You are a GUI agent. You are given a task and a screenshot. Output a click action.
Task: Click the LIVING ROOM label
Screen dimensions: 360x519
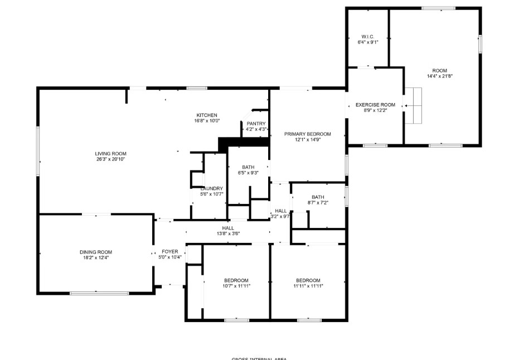click(x=110, y=154)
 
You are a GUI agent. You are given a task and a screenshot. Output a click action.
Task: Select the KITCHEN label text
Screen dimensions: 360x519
click(x=206, y=115)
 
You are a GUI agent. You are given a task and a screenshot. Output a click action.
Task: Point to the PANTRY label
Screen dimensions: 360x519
click(x=256, y=124)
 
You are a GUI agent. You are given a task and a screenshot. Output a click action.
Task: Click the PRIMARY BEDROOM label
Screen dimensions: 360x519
click(x=307, y=134)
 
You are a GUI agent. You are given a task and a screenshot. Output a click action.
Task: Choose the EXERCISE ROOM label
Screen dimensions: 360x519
click(x=375, y=105)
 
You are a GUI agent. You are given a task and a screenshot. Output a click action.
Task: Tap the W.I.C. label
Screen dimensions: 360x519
click(x=368, y=36)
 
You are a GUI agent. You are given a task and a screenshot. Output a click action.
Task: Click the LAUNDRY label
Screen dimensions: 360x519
click(x=211, y=188)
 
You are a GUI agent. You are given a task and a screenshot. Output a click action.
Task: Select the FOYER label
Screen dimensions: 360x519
click(x=170, y=252)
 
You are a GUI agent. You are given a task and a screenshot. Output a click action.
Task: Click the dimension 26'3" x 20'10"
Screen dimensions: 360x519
click(x=110, y=159)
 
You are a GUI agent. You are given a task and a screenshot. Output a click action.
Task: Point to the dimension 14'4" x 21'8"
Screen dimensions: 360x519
click(x=439, y=76)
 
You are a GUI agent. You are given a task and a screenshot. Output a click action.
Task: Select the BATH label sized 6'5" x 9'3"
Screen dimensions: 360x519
click(x=248, y=167)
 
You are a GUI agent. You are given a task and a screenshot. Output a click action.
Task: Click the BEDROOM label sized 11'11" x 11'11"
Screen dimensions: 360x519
click(x=308, y=280)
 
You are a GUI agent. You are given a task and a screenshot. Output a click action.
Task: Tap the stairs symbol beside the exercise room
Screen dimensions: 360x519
click(x=414, y=105)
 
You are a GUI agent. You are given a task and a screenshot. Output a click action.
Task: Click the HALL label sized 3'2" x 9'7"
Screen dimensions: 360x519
click(x=280, y=211)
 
